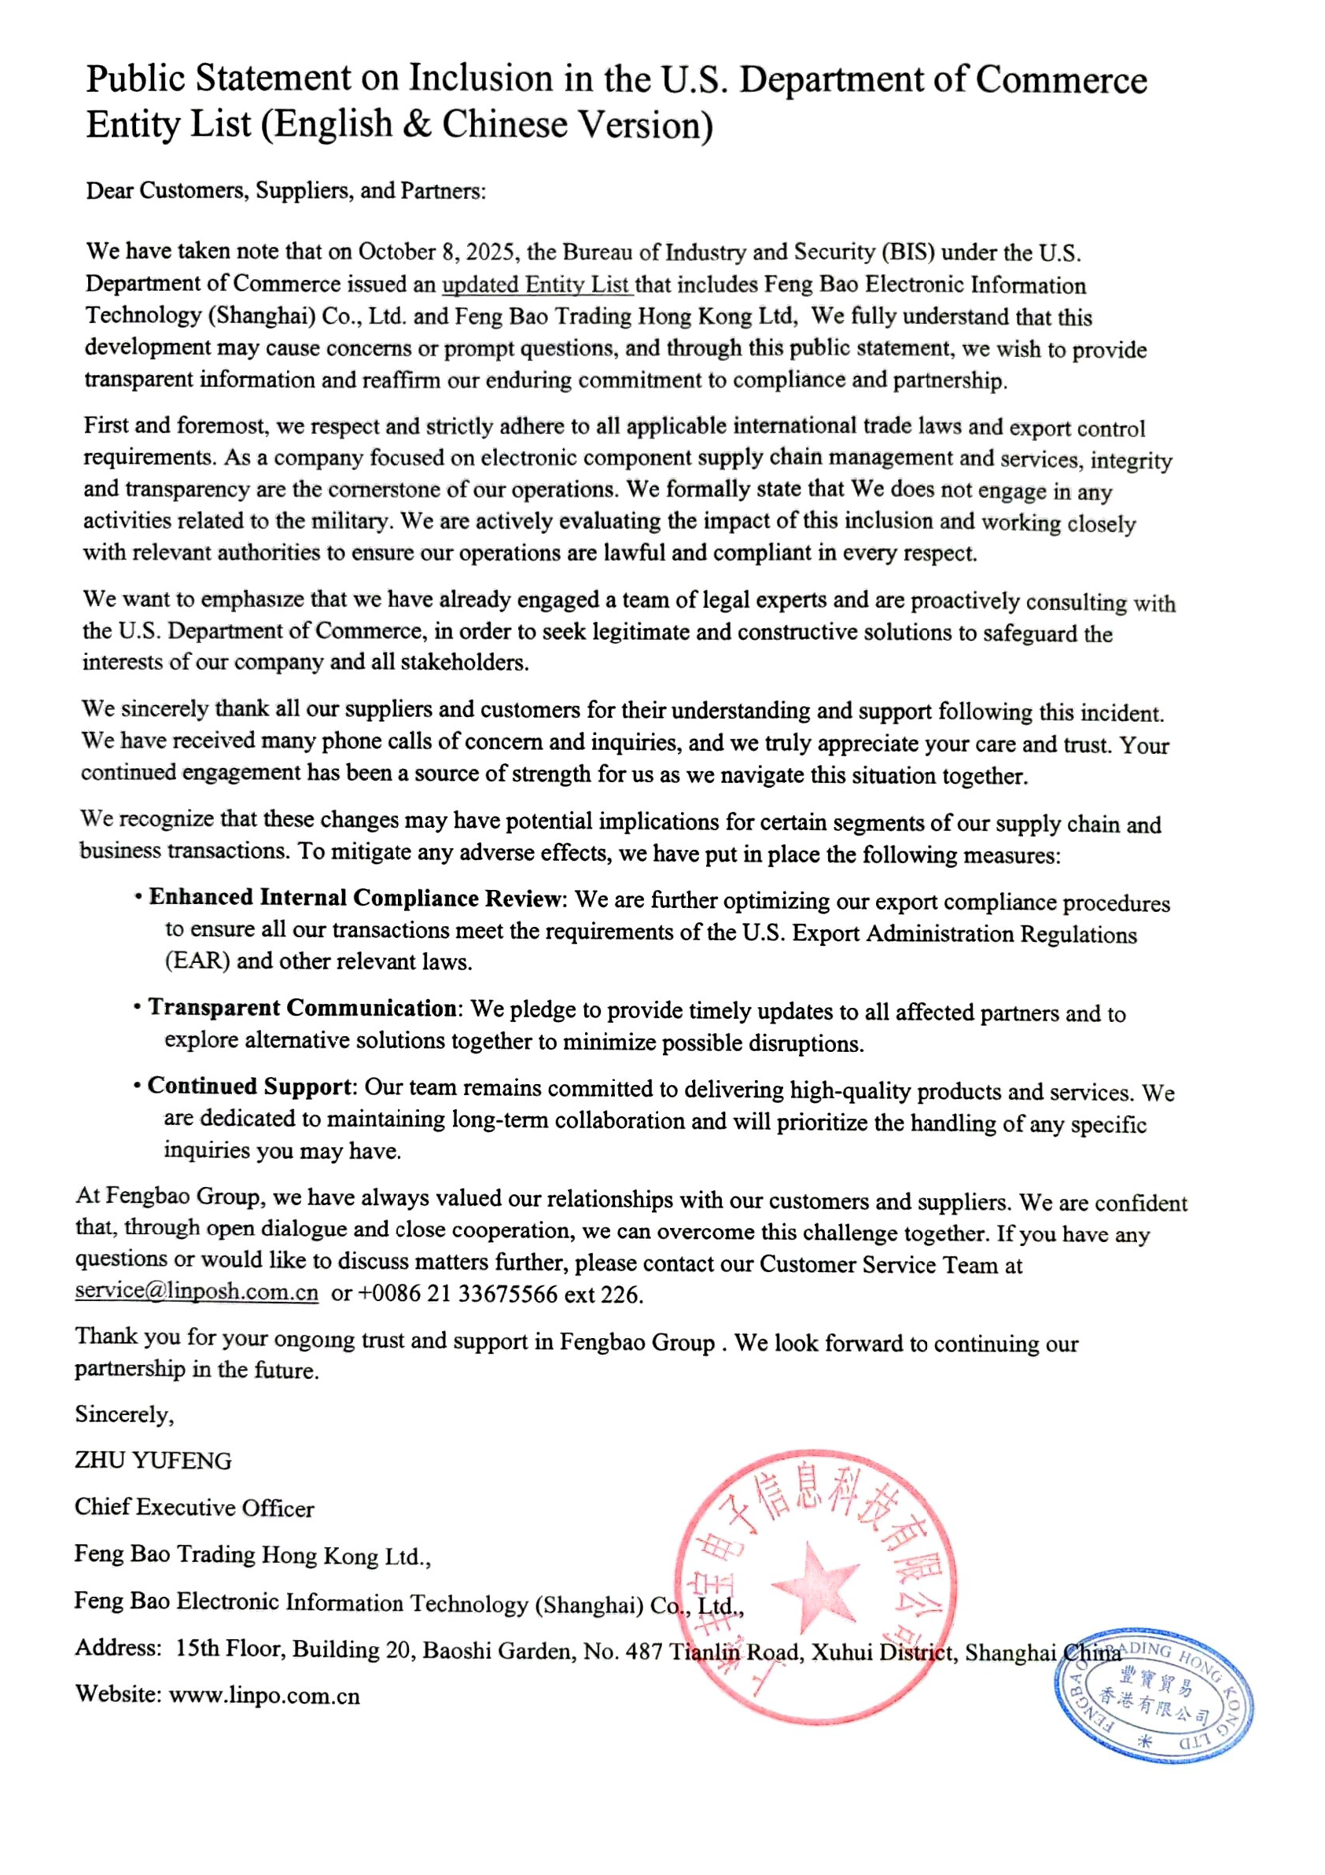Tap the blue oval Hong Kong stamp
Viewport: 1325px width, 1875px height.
click(x=1154, y=1695)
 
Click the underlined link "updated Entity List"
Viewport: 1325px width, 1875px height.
click(x=536, y=285)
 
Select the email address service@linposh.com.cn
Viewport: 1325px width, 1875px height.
click(x=196, y=1291)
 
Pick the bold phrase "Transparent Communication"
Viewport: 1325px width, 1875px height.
click(x=302, y=1008)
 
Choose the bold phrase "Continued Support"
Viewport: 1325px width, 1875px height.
click(x=250, y=1086)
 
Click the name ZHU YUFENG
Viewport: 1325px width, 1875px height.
click(x=153, y=1460)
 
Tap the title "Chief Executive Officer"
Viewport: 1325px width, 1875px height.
click(x=194, y=1508)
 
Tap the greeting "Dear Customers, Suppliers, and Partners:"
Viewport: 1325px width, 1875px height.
click(x=286, y=191)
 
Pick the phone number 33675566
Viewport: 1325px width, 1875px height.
click(x=508, y=1294)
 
